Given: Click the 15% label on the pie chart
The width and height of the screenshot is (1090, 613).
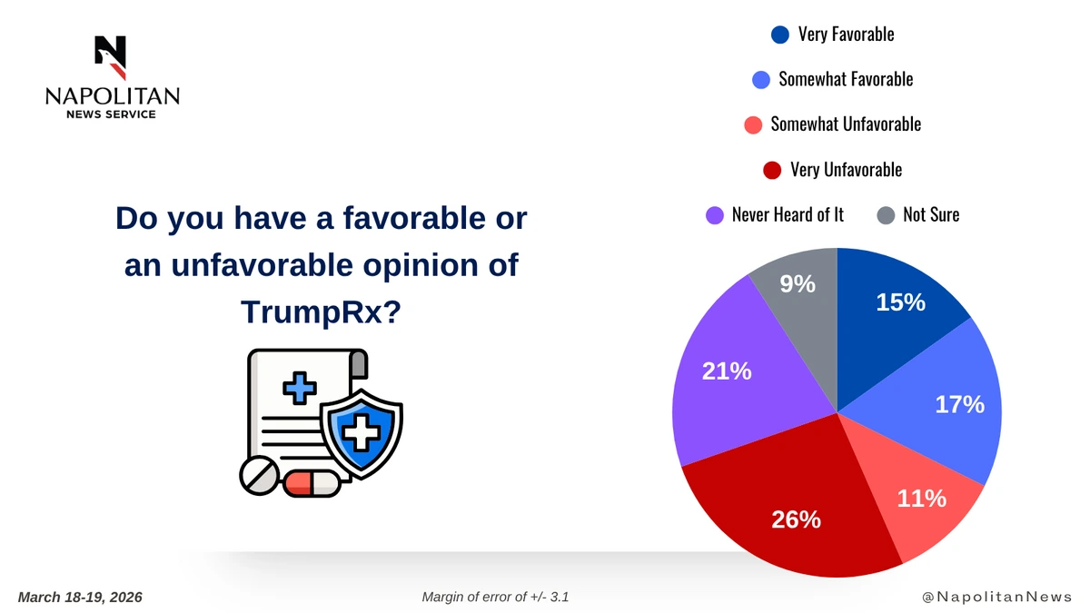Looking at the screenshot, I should click(900, 303).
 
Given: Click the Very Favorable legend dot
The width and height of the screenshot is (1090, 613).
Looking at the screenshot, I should click(779, 35).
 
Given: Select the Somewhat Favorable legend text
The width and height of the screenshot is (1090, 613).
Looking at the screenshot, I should click(846, 79).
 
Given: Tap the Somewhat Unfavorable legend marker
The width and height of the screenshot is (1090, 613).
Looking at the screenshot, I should click(752, 124).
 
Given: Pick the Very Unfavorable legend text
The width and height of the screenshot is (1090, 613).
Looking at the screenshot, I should click(846, 170).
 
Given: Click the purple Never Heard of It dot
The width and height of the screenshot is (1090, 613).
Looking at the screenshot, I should click(715, 215).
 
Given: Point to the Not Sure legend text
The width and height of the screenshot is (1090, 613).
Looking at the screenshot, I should click(931, 215).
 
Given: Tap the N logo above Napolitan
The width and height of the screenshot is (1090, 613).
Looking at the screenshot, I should click(111, 57).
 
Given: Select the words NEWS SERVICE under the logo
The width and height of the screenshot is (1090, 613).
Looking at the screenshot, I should click(112, 114).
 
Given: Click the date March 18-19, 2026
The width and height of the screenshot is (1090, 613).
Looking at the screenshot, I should click(80, 597).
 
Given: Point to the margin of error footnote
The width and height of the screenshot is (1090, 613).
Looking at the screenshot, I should click(495, 597).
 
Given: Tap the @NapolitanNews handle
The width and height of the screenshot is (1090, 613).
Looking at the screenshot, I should click(996, 597).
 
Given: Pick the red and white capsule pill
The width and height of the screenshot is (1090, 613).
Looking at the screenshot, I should click(312, 483).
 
